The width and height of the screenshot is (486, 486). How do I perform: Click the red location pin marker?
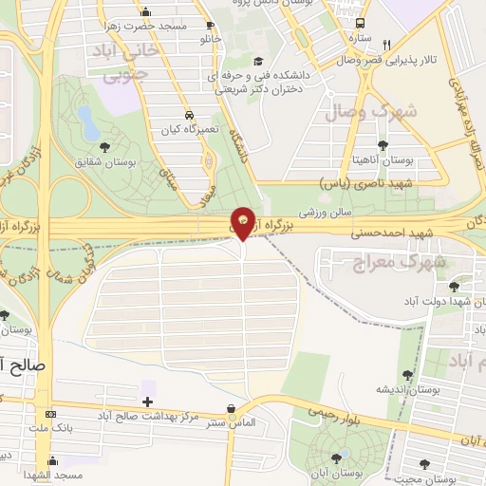(244, 221)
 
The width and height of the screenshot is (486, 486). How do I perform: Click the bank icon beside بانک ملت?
(50, 415)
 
